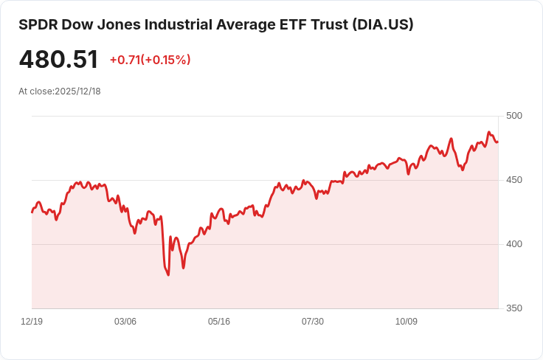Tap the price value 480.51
pyautogui.click(x=58, y=60)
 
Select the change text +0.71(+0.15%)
pyautogui.click(x=150, y=60)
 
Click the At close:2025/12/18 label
pyautogui.click(x=59, y=91)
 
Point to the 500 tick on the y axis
pyautogui.click(x=514, y=116)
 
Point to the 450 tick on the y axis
pyautogui.click(x=514, y=180)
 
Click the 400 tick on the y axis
pyautogui.click(x=514, y=244)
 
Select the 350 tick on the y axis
pyautogui.click(x=514, y=308)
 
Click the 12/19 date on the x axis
pyautogui.click(x=32, y=322)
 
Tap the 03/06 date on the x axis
pyautogui.click(x=125, y=322)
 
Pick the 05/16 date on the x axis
pyautogui.click(x=219, y=322)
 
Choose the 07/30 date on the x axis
pyautogui.click(x=313, y=322)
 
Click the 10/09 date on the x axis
pyautogui.click(x=407, y=322)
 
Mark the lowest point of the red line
pyautogui.click(x=168, y=275)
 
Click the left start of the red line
pyautogui.click(x=32, y=212)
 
